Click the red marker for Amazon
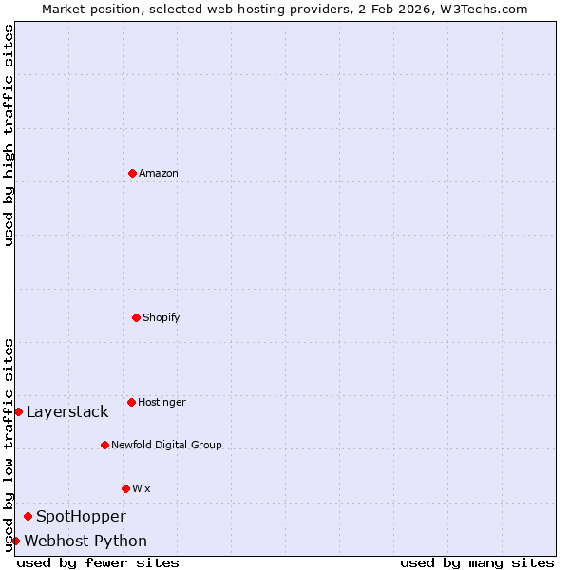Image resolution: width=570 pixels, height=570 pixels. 132,173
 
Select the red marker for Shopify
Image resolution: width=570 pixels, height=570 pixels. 136,317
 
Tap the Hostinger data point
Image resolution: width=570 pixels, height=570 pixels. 131,402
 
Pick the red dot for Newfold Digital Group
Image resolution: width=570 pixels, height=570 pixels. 104,445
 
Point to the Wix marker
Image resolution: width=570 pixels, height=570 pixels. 125,488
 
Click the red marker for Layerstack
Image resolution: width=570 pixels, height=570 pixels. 18,411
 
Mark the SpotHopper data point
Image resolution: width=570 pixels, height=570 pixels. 28,516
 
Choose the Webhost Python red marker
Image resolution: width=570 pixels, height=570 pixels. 15,541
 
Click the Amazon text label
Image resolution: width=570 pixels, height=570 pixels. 159,173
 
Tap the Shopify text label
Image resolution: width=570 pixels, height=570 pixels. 161,317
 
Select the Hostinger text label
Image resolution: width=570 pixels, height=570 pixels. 161,402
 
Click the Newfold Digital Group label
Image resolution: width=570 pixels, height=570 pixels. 166,445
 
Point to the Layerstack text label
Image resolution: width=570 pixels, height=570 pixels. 67,411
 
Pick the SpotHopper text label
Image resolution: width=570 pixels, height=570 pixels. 81,516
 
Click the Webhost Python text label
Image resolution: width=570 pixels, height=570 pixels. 85,541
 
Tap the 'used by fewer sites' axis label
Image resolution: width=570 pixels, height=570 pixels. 98,562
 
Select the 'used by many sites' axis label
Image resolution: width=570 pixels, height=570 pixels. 477,562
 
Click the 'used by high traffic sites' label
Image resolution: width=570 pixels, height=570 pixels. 9,135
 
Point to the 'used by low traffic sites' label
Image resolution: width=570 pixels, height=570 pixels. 9,444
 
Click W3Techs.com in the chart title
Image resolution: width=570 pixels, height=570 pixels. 485,9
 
